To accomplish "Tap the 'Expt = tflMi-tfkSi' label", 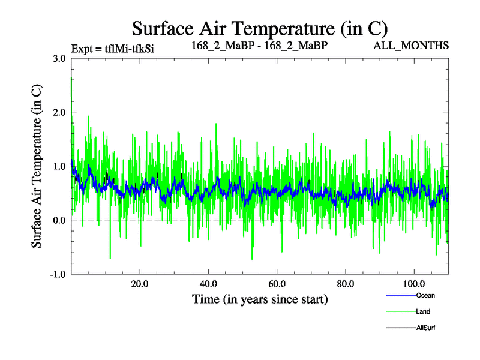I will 112,48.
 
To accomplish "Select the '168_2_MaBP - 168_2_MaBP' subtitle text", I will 260,45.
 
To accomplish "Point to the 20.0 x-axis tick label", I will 140,284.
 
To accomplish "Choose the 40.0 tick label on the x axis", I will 208,284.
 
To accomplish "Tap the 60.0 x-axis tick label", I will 277,284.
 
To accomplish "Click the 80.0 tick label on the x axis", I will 345,284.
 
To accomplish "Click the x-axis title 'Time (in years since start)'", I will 260,299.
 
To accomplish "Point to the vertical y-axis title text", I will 37,166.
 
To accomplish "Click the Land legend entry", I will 422,311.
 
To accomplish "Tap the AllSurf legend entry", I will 425,328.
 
